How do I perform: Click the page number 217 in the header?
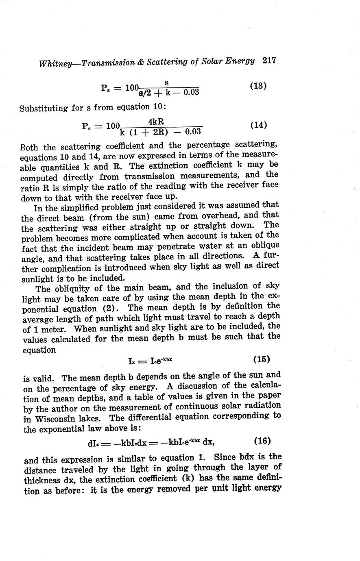269,61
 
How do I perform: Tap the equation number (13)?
257,86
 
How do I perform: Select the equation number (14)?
258,125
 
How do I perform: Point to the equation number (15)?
262,359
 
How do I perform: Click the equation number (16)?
262,441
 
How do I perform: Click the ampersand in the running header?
141,63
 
